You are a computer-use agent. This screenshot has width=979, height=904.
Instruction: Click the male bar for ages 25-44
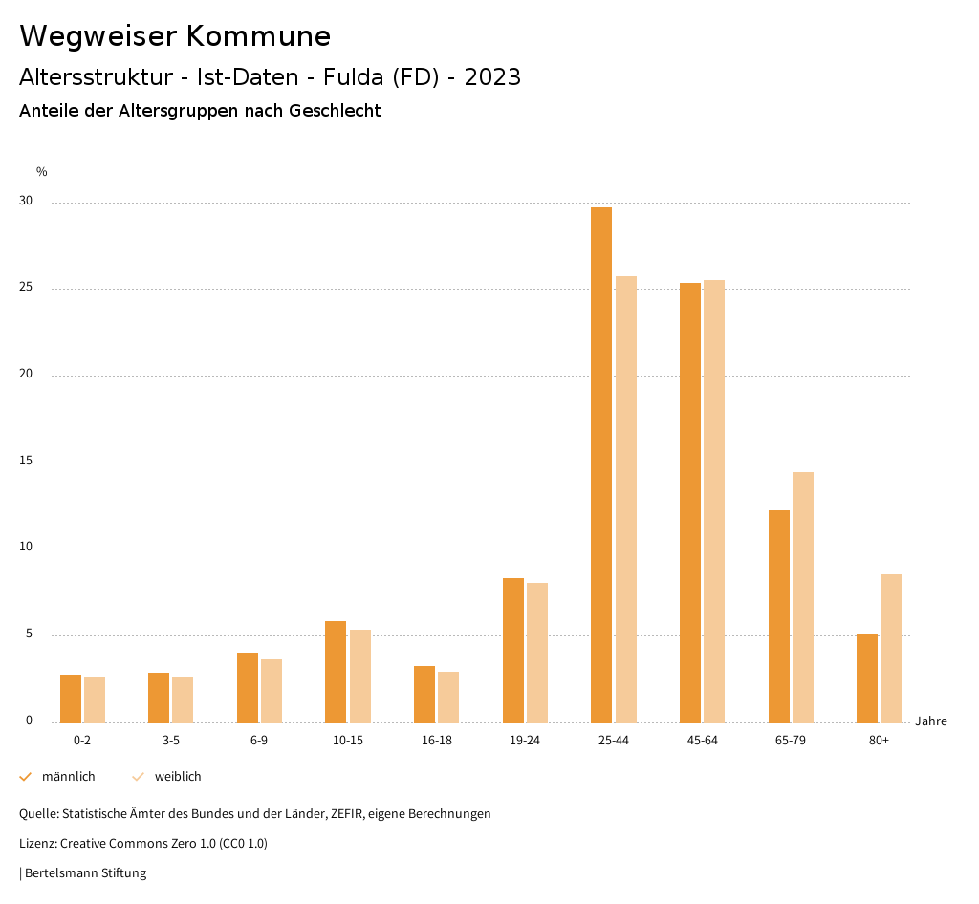(601, 464)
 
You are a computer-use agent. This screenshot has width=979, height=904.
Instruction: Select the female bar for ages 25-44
(626, 499)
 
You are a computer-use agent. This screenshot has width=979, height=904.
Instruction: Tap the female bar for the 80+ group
(891, 648)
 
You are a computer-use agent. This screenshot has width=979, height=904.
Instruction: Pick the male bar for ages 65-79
(779, 616)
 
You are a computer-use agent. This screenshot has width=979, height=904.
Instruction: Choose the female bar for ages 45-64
(714, 501)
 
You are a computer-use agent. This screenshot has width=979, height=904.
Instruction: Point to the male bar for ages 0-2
(71, 699)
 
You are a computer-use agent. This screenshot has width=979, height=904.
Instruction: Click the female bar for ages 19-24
(537, 653)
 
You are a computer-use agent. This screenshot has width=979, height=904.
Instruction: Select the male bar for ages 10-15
(336, 672)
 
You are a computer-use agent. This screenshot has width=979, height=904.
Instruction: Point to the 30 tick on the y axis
(26, 202)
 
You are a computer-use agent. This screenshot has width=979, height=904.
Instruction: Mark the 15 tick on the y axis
(26, 462)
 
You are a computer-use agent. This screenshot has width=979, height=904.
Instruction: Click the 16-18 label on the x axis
(436, 741)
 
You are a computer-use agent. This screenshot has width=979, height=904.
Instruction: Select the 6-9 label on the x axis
(259, 741)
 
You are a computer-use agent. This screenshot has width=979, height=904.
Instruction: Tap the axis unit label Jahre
(931, 721)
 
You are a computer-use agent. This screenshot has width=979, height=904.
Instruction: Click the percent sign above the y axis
(42, 172)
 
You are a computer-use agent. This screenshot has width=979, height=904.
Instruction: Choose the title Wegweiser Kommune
(175, 36)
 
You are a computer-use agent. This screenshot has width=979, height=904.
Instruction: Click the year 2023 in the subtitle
(492, 77)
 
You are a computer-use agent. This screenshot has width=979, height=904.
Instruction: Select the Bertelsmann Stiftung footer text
(84, 872)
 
